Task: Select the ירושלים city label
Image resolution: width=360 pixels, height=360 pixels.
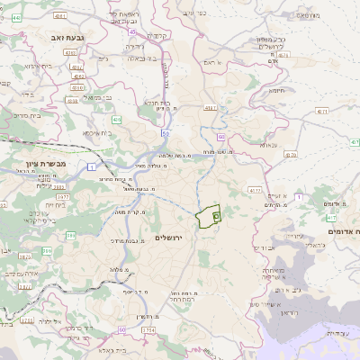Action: pos(168,237)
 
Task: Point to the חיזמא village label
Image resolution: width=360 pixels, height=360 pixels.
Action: pos(277,89)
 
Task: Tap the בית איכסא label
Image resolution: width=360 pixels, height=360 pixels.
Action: pos(96,132)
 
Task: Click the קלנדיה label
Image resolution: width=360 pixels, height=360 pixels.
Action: pos(159,36)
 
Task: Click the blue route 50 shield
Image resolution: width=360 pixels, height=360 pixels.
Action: pos(166,132)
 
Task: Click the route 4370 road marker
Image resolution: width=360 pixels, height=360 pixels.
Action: pos(290,154)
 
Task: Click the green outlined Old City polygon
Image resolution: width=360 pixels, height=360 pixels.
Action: pos(211,216)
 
